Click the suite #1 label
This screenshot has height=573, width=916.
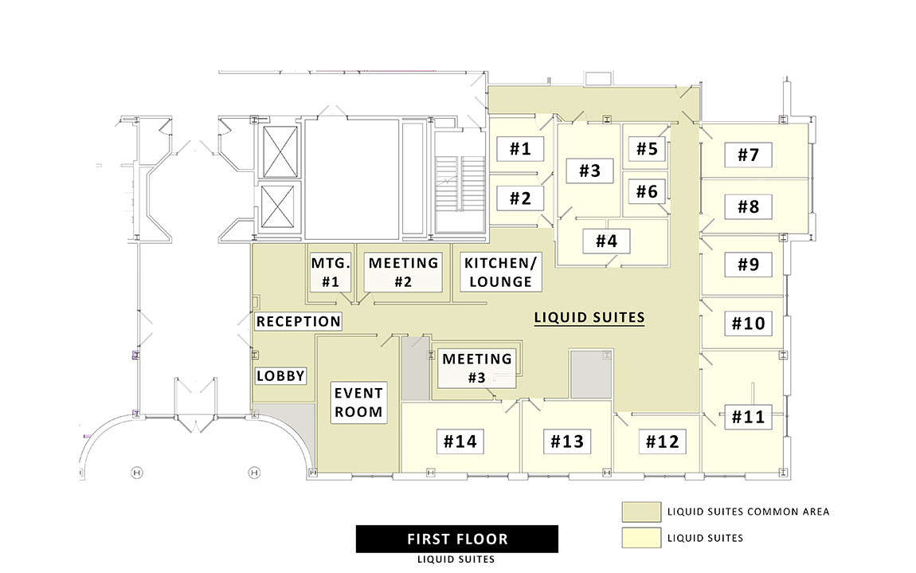point(520,148)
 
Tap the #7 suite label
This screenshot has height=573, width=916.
point(748,155)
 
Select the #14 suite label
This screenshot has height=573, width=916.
point(460,441)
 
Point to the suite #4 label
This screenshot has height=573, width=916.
point(606,241)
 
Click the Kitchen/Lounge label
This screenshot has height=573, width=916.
point(501,272)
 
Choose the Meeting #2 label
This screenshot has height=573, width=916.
point(403,272)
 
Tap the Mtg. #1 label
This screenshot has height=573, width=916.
point(331,272)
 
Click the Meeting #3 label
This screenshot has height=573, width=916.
point(476,367)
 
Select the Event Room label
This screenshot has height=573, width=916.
point(358,402)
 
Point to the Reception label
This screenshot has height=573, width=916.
point(299,321)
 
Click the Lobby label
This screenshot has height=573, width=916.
point(280,375)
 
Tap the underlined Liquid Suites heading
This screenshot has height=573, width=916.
point(589,317)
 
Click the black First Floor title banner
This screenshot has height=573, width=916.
point(457,539)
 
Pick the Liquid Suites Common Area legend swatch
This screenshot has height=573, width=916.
point(641,512)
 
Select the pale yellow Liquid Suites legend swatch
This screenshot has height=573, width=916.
point(641,538)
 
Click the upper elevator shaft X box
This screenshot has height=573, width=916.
point(280,151)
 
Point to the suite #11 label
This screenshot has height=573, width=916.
point(748,417)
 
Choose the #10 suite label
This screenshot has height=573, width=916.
point(748,323)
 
